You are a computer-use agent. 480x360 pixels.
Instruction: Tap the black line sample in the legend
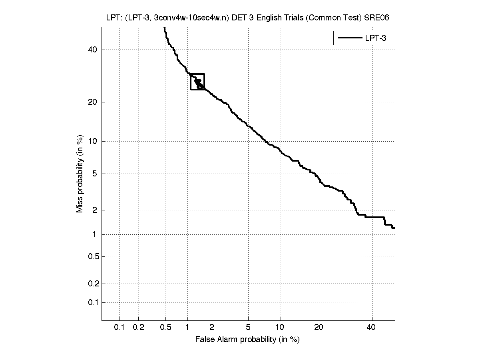(349, 38)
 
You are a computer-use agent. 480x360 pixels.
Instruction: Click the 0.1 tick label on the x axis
(120, 328)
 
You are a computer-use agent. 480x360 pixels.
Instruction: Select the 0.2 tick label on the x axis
(138, 328)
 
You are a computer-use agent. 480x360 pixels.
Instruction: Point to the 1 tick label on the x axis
(187, 328)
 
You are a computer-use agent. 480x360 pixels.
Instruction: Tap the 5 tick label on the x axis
(249, 328)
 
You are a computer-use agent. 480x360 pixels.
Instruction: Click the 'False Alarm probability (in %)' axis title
(247, 340)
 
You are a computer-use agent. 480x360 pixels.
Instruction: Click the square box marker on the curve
(197, 82)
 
